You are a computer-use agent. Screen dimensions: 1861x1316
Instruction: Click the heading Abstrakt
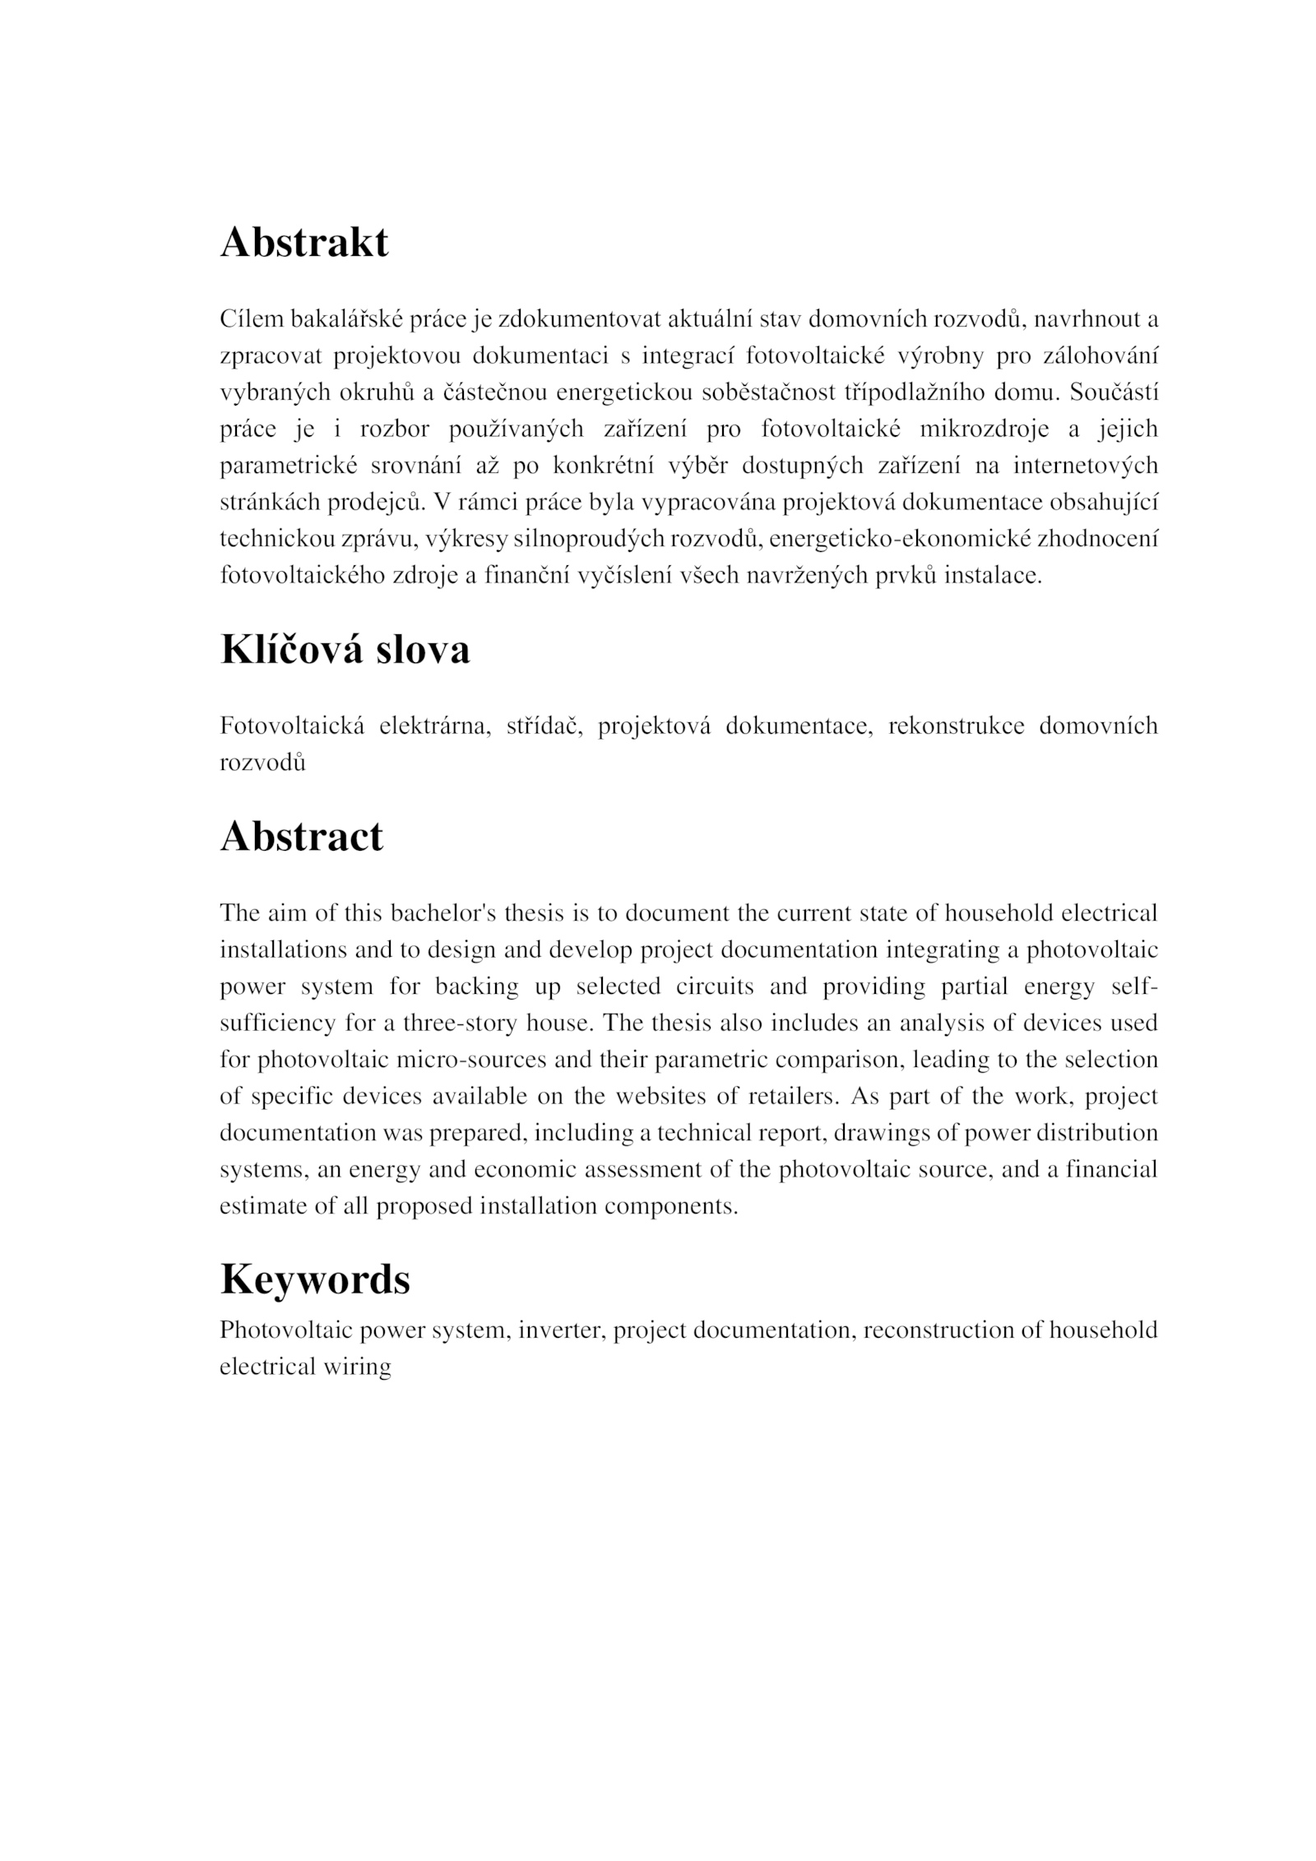click(x=304, y=243)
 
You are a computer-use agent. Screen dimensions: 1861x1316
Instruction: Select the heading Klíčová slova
click(x=345, y=649)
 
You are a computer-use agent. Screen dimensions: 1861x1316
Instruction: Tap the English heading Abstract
click(x=301, y=836)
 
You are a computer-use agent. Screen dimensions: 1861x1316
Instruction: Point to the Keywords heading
click(x=314, y=1279)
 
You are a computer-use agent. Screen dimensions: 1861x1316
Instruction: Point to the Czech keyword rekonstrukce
click(x=956, y=726)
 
